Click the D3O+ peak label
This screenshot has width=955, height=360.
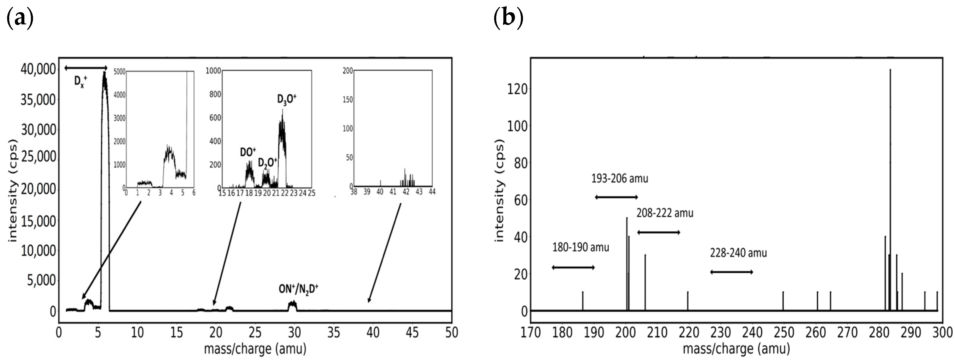287,99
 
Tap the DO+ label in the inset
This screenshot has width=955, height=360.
248,152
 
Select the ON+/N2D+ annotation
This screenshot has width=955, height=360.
299,289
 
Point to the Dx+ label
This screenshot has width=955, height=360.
81,81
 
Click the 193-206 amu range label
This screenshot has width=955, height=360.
620,179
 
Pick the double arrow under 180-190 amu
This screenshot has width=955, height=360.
573,267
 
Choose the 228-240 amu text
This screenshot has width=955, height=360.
738,253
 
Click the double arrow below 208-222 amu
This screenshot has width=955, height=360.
658,232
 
